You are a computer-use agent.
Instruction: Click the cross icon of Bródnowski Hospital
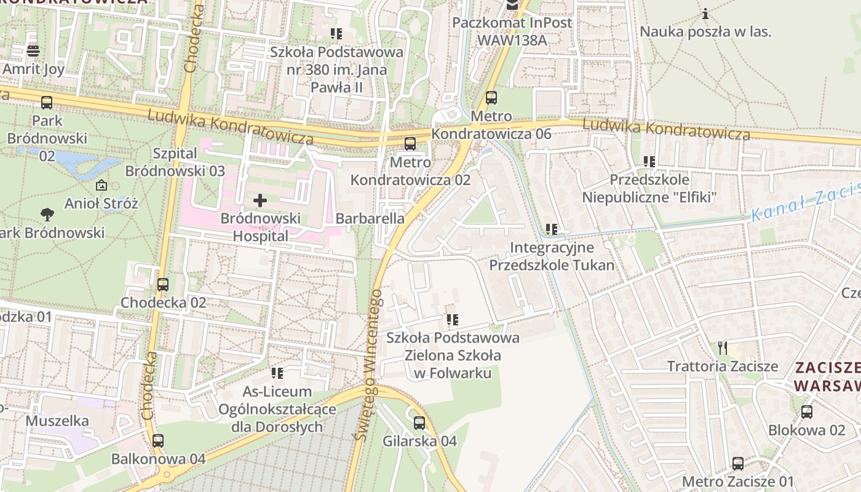coord(260,200)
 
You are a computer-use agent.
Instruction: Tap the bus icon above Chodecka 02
coord(162,285)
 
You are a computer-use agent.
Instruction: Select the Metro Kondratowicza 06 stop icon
coord(491,98)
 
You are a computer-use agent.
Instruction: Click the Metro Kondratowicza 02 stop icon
coord(410,145)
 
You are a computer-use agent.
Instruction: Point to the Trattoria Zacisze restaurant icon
coord(723,348)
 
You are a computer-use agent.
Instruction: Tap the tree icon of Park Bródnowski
coord(47,215)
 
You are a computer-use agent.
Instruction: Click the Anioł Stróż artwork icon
coord(101,184)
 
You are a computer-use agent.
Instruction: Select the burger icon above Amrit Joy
coord(33,50)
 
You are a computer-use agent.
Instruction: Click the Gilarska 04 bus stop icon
coord(419,423)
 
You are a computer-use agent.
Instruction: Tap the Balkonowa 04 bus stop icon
coord(158,441)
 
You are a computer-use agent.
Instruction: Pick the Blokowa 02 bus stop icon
coord(807,412)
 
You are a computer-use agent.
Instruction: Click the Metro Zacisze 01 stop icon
coord(738,464)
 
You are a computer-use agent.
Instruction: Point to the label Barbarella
coord(370,218)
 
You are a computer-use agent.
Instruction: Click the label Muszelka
coord(57,421)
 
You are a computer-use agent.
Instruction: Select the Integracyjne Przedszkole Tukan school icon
coord(552,229)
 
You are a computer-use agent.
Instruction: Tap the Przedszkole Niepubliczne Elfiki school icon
coord(649,162)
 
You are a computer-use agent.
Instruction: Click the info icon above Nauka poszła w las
coord(705,14)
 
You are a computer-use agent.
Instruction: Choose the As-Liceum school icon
coord(277,373)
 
